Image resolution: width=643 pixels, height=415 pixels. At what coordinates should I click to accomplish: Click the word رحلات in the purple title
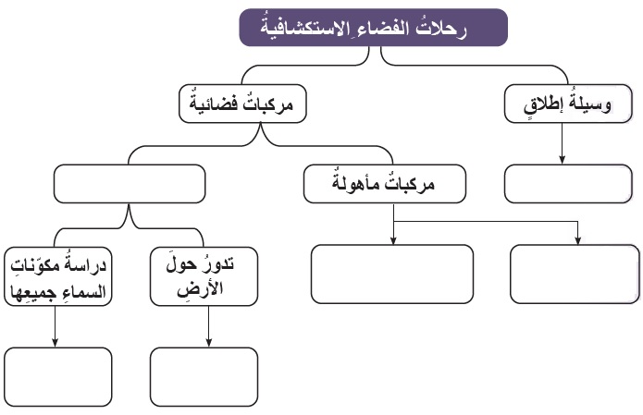click(441, 29)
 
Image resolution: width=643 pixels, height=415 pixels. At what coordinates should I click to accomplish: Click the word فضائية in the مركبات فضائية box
click(213, 103)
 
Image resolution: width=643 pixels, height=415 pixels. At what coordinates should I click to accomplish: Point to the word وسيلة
click(588, 104)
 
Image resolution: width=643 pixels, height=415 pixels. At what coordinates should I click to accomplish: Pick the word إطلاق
click(543, 106)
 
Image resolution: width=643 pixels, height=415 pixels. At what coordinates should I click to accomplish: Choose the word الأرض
click(200, 288)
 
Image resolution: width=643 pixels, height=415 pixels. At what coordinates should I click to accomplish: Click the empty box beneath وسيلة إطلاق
click(568, 184)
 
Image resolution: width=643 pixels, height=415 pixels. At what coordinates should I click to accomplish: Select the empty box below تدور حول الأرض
click(204, 377)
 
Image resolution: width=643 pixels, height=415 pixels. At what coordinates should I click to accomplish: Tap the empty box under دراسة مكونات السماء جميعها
click(57, 377)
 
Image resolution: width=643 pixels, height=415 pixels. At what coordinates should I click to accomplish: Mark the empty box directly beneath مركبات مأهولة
click(392, 275)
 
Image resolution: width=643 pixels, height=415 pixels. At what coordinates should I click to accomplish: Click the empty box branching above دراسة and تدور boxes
click(130, 184)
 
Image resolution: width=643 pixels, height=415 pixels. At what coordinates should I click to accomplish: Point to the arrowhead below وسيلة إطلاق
click(562, 160)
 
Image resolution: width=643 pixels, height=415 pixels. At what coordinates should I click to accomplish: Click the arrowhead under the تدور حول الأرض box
click(209, 343)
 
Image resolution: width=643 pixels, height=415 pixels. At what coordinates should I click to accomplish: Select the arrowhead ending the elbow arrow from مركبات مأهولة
click(578, 240)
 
